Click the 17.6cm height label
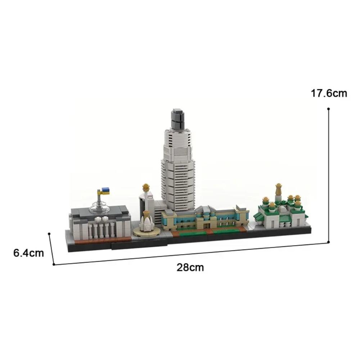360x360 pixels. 329,94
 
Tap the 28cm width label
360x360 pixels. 190,267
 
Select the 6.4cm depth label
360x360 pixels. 29,253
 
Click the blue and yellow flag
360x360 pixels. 105,190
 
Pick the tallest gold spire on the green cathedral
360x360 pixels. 278,189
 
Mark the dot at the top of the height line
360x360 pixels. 329,108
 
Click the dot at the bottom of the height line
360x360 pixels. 329,242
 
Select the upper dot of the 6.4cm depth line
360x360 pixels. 49,233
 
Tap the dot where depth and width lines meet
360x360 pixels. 54,264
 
